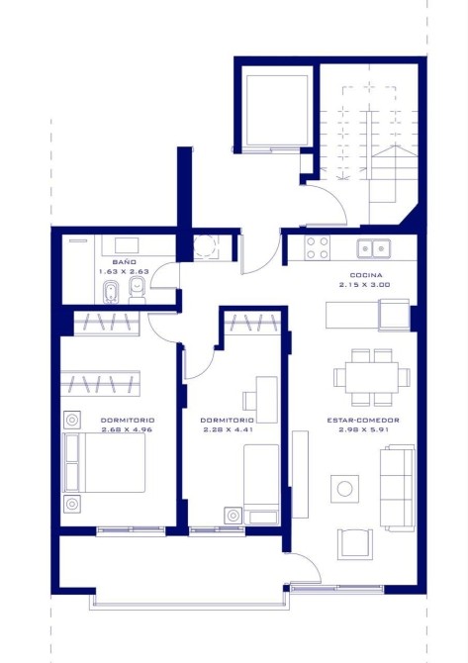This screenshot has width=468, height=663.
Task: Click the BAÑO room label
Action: point(125,262)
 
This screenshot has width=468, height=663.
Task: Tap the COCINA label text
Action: point(366,275)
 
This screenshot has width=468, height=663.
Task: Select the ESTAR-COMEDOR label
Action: point(363,421)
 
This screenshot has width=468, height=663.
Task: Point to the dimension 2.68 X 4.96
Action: point(127,429)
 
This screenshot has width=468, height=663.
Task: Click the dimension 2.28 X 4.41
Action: point(227,429)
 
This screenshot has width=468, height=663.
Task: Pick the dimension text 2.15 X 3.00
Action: point(364,285)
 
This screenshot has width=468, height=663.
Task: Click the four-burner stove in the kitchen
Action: point(318,247)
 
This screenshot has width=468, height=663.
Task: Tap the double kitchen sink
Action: point(374,248)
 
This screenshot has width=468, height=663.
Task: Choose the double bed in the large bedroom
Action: point(104,462)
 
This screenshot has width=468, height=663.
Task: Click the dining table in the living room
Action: point(372,377)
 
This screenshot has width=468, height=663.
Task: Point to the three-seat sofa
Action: point(398,488)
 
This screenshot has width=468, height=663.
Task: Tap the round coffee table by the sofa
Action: point(344,489)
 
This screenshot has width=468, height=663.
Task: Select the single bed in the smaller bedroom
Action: point(261,485)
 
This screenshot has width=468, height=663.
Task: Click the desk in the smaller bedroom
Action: point(267,400)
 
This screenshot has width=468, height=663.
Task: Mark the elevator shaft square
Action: point(277,110)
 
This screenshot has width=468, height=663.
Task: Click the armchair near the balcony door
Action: point(355,544)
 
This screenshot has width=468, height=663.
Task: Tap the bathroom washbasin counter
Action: point(127,244)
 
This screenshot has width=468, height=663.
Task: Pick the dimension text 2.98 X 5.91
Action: point(363,429)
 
